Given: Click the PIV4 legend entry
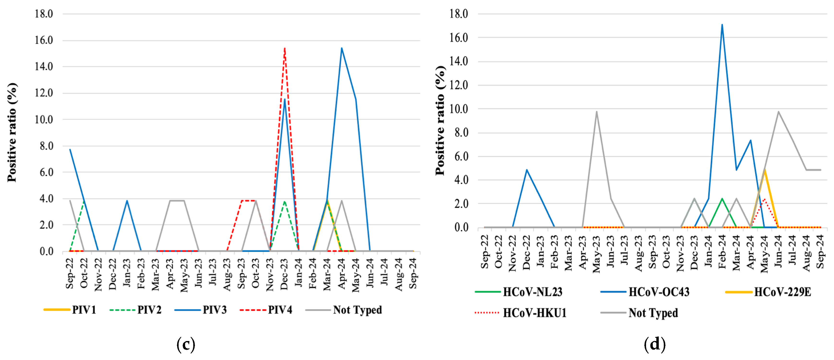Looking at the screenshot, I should click(266, 310).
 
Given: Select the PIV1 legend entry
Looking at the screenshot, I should click(70, 310).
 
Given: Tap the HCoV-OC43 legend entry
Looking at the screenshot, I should click(645, 292).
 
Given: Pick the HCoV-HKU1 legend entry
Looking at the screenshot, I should click(521, 313).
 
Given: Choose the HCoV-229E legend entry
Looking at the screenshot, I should click(769, 292).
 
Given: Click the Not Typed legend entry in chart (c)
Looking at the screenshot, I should click(344, 310).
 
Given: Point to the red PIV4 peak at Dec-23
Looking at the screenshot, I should click(284, 49).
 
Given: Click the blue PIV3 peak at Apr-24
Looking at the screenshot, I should click(342, 48).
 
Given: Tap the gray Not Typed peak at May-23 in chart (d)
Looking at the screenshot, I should click(596, 112).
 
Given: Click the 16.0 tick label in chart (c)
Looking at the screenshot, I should click(44, 40).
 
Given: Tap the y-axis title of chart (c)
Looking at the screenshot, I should click(12, 133).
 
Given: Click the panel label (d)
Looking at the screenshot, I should click(654, 344).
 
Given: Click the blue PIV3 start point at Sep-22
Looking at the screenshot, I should click(70, 150).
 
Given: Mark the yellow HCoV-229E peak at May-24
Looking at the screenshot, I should click(764, 170).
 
